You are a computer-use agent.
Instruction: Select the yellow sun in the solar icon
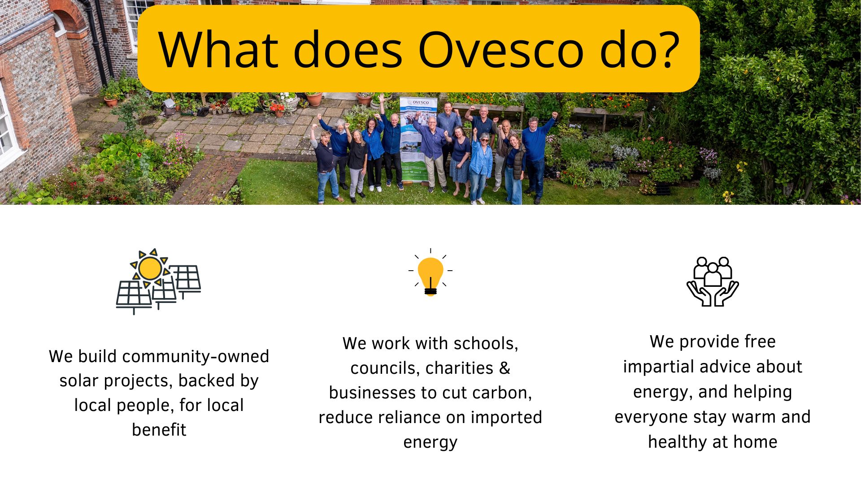point(150,268)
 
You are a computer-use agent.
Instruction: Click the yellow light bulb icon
point(430,273)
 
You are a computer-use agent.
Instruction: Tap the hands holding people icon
point(713,281)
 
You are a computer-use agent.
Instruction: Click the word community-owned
point(196,356)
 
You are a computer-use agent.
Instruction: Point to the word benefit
point(159,430)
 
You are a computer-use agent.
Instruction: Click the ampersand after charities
point(504,368)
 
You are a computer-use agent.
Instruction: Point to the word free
point(760,341)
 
